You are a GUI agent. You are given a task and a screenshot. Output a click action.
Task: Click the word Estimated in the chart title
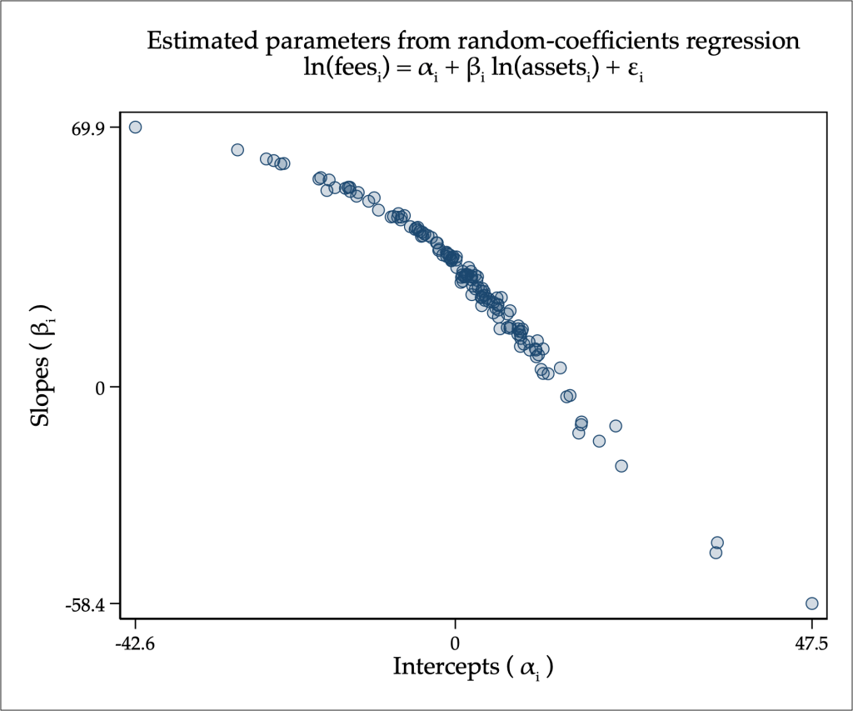193,41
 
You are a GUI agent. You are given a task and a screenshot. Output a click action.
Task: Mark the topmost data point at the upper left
135,127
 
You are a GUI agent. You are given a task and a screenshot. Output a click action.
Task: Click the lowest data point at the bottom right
812,603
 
